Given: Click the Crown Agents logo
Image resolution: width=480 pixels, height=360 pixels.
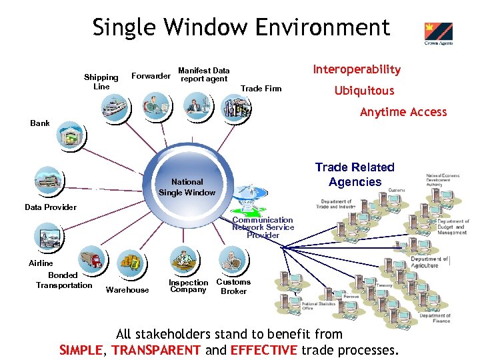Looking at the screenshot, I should click(438, 34).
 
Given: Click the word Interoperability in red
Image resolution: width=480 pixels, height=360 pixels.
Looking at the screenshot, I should click(357, 69).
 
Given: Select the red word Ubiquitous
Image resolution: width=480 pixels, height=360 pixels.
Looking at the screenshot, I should click(364, 91).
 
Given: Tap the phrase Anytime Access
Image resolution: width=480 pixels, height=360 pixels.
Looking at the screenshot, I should click(403, 112).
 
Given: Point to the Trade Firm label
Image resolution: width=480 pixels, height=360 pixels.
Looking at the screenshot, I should click(261, 89).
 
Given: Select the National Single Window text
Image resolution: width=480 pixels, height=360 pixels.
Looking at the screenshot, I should click(187, 187).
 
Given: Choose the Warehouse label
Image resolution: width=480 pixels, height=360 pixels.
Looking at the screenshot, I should click(127, 290).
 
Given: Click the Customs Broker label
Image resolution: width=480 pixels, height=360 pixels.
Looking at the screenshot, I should click(233, 287).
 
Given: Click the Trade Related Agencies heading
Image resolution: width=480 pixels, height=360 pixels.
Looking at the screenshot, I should click(355, 175).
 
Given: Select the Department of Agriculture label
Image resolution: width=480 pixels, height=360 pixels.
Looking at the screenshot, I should click(429, 262).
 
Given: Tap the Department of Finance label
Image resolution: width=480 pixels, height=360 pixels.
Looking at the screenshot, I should click(434, 319).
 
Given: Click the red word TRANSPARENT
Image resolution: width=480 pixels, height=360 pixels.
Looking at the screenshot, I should click(156, 350).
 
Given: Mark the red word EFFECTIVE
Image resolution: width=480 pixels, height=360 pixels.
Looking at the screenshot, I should click(264, 350).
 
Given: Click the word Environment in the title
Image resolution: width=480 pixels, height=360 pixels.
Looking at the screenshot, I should click(317, 28).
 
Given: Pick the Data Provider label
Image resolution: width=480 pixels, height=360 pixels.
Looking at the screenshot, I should click(51, 207).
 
